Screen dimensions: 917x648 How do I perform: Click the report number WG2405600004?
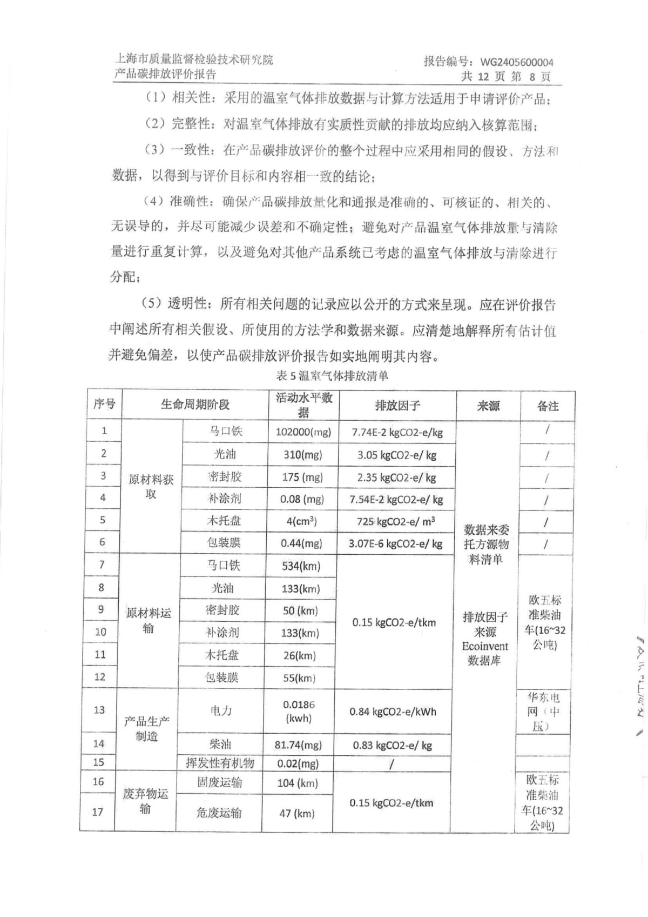click(517, 62)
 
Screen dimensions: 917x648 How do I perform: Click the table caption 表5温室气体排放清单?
click(332, 376)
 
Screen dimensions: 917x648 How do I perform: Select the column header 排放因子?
click(397, 406)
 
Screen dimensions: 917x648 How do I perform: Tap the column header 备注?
click(548, 406)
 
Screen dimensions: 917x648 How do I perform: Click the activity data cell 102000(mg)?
click(303, 432)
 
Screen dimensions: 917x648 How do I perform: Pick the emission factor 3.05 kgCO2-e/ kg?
click(397, 455)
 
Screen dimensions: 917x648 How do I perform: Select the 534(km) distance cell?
click(301, 566)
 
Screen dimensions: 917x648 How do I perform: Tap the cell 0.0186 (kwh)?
click(299, 711)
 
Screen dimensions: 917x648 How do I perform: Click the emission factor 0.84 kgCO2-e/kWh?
click(393, 712)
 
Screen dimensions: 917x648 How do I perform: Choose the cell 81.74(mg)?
click(298, 745)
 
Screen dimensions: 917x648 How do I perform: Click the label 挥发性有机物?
click(220, 763)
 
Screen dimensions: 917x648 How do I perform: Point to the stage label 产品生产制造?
click(147, 729)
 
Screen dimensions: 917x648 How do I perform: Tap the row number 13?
click(99, 709)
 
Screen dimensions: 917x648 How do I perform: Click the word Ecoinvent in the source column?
click(485, 646)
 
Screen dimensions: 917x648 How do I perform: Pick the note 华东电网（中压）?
click(543, 712)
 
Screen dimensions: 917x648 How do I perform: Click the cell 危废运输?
click(219, 813)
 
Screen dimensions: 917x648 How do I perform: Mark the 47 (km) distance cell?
click(297, 813)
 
